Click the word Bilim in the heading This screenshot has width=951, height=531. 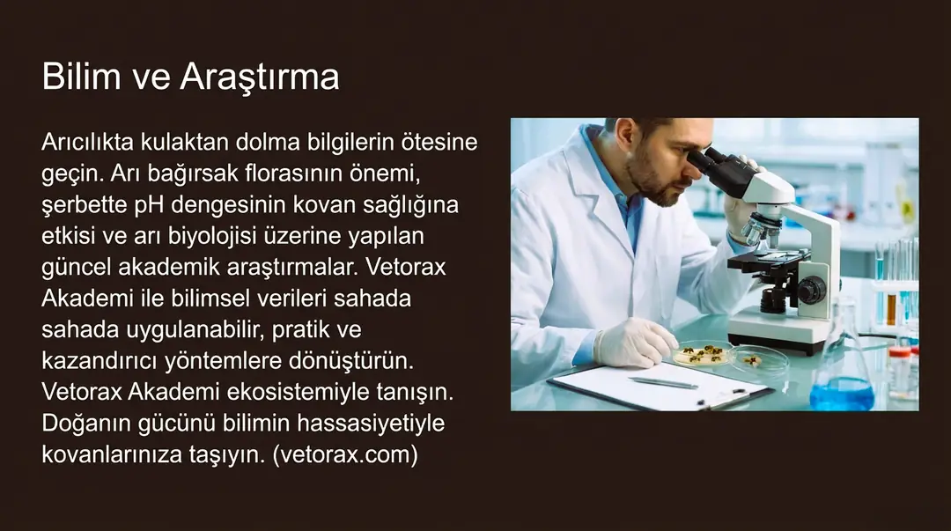81,77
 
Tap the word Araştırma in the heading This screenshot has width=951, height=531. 260,78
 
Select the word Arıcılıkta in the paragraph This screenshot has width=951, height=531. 87,142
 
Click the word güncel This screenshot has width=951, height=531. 76,269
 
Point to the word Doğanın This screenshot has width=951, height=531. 86,424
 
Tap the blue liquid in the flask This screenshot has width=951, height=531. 842,394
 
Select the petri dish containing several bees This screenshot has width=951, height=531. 701,353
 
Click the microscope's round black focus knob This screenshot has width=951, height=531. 811,290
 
